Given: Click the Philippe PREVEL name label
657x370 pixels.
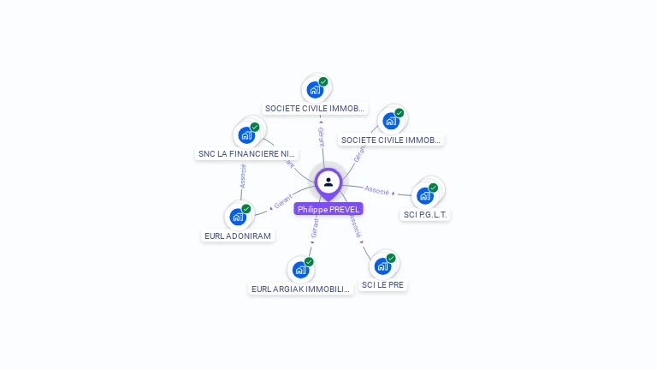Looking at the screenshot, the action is [328, 209].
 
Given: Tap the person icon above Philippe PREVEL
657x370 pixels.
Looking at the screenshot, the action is [328, 182].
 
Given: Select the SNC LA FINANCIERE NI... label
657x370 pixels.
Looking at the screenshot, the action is [247, 154].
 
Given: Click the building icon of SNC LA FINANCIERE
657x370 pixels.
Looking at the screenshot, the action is [247, 135].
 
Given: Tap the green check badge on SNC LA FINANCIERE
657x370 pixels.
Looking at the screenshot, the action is [255, 127].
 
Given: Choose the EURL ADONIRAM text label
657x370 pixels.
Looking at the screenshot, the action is [238, 236].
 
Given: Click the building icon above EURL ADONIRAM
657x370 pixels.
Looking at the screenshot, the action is [238, 217].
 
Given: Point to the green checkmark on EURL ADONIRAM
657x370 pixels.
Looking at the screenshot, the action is [246, 208].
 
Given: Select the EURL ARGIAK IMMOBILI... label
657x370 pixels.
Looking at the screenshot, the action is [300, 289].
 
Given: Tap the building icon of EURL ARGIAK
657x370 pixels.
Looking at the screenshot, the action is [300, 270].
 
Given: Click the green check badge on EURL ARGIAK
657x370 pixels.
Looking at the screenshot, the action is [309, 261].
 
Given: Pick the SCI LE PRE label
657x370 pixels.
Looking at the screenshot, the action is [382, 284].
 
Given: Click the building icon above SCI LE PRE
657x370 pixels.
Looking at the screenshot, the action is [382, 266].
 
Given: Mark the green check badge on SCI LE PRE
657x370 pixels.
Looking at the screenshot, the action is [391, 257].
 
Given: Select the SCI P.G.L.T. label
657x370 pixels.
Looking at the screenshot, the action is [425, 215].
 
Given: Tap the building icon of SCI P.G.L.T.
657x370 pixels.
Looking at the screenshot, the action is [425, 195].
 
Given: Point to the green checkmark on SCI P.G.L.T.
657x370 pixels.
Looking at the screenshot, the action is [434, 188].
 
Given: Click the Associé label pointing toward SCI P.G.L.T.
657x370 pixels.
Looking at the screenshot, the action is [377, 189].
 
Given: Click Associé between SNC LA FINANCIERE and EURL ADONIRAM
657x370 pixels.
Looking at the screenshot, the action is [243, 176].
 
